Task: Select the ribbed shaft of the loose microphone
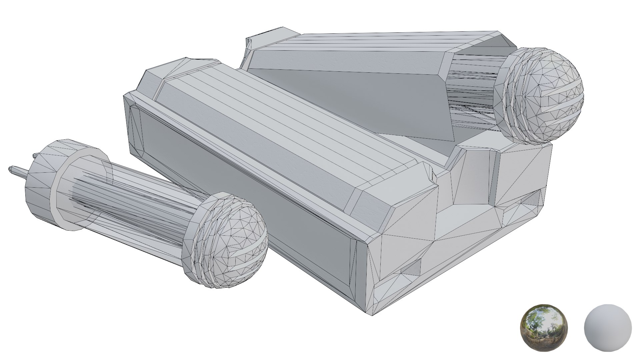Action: pos(133,207)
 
